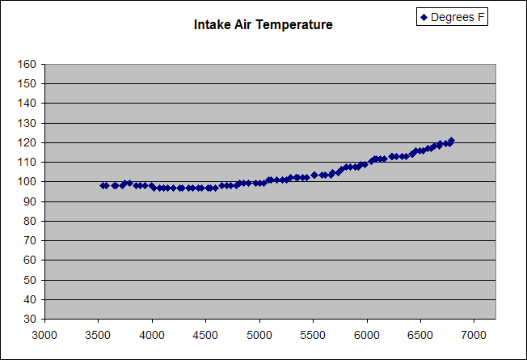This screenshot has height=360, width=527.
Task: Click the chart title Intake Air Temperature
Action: click(263, 25)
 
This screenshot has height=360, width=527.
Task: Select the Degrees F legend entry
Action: click(453, 17)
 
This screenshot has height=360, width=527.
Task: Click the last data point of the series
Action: click(451, 141)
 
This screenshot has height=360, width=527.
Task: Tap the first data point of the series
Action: click(103, 185)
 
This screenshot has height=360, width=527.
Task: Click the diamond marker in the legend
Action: click(424, 17)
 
